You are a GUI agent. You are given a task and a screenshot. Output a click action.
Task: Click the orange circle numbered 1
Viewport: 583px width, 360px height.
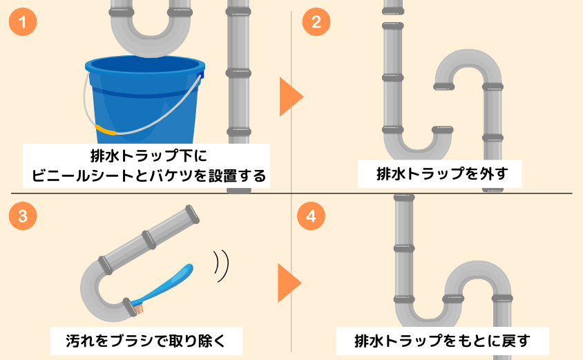(23, 22)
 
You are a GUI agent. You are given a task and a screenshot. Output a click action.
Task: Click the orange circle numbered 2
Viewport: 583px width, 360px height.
(316, 22)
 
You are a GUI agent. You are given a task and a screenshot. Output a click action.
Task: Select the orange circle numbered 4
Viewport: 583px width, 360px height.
(311, 216)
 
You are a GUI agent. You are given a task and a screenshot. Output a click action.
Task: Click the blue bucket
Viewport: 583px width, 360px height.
(144, 104)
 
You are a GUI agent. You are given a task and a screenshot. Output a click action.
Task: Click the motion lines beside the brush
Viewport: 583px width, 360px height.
(221, 266)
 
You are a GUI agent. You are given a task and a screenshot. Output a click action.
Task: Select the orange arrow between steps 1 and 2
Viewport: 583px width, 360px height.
(290, 97)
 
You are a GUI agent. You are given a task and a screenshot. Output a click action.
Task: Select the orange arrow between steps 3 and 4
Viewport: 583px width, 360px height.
(289, 283)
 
